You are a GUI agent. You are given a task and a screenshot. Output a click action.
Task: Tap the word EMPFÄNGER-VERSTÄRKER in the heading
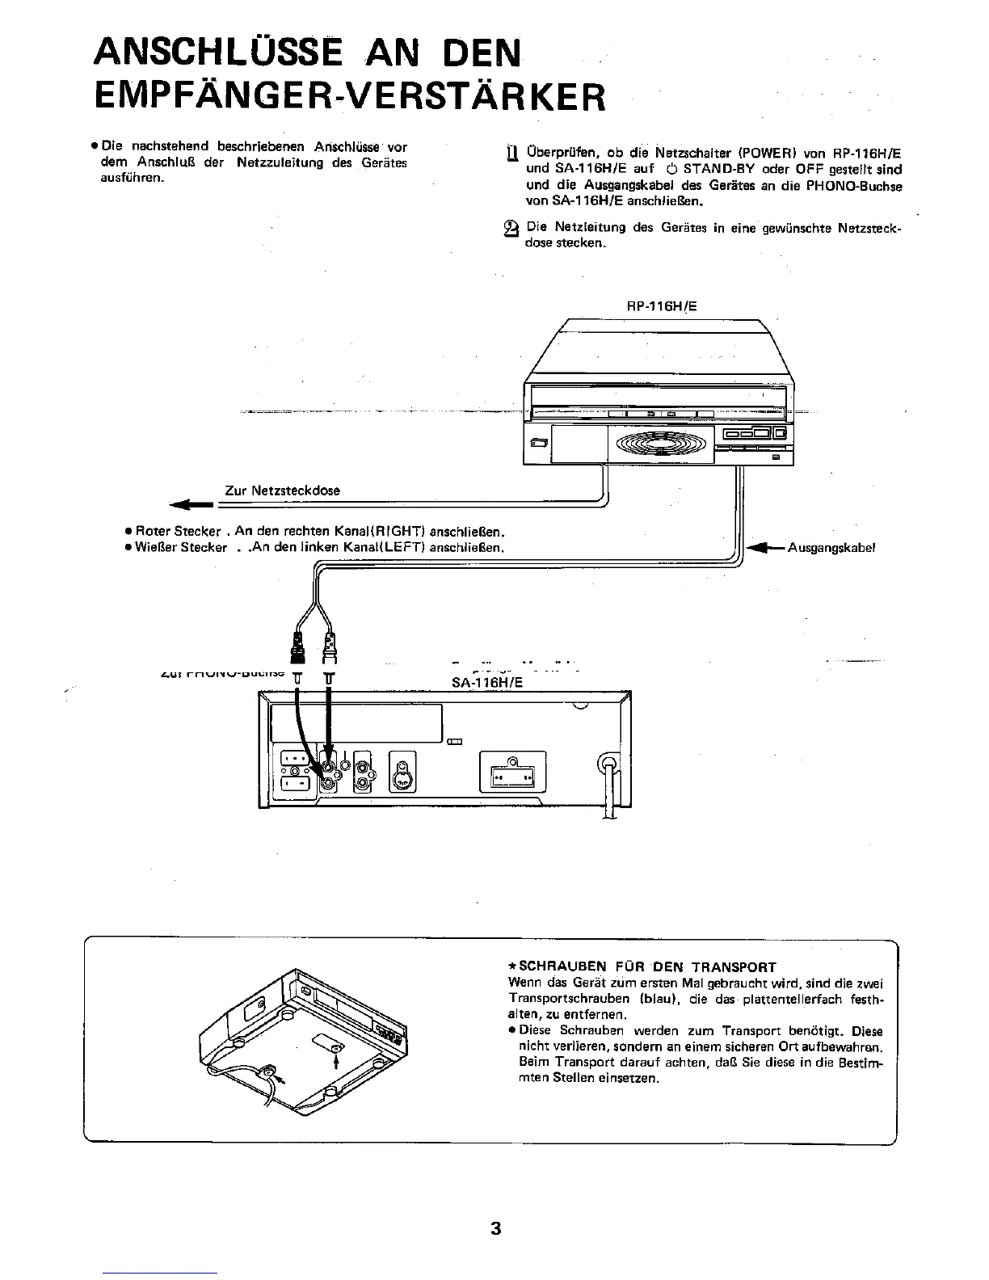(x=348, y=98)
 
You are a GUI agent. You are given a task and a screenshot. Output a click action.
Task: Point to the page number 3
(x=495, y=1229)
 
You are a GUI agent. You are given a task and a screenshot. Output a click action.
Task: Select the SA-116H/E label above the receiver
(x=487, y=683)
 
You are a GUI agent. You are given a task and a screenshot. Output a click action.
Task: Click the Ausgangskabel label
(x=832, y=547)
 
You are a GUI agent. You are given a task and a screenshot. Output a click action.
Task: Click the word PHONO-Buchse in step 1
(x=863, y=186)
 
